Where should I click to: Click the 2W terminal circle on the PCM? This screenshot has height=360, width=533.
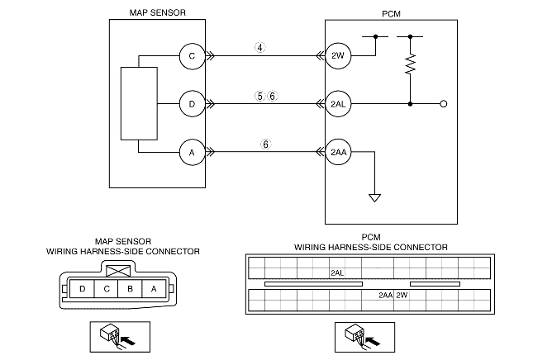click(x=338, y=55)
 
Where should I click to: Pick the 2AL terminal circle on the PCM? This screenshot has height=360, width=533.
click(x=338, y=104)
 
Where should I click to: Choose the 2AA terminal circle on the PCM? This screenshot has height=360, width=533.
click(x=338, y=152)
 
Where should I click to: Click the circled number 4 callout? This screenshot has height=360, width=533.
click(x=260, y=48)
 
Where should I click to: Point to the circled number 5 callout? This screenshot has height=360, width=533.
click(x=259, y=96)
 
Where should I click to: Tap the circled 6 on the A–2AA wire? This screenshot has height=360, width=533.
click(x=266, y=144)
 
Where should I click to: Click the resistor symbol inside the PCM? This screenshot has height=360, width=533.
click(x=411, y=64)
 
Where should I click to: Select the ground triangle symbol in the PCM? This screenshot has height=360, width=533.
click(x=374, y=197)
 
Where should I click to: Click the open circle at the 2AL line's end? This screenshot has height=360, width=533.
click(x=443, y=104)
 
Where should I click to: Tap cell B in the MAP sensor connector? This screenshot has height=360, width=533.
click(x=130, y=289)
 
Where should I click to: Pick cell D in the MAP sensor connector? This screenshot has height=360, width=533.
click(x=82, y=289)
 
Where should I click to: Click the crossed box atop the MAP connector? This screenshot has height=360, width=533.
click(x=118, y=271)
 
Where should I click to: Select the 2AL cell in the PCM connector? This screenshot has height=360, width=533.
click(x=337, y=273)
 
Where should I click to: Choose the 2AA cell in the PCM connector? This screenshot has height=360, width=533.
click(x=386, y=295)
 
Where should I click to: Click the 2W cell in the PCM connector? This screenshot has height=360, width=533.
click(x=402, y=295)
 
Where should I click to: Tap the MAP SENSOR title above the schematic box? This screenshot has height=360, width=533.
click(x=157, y=12)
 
